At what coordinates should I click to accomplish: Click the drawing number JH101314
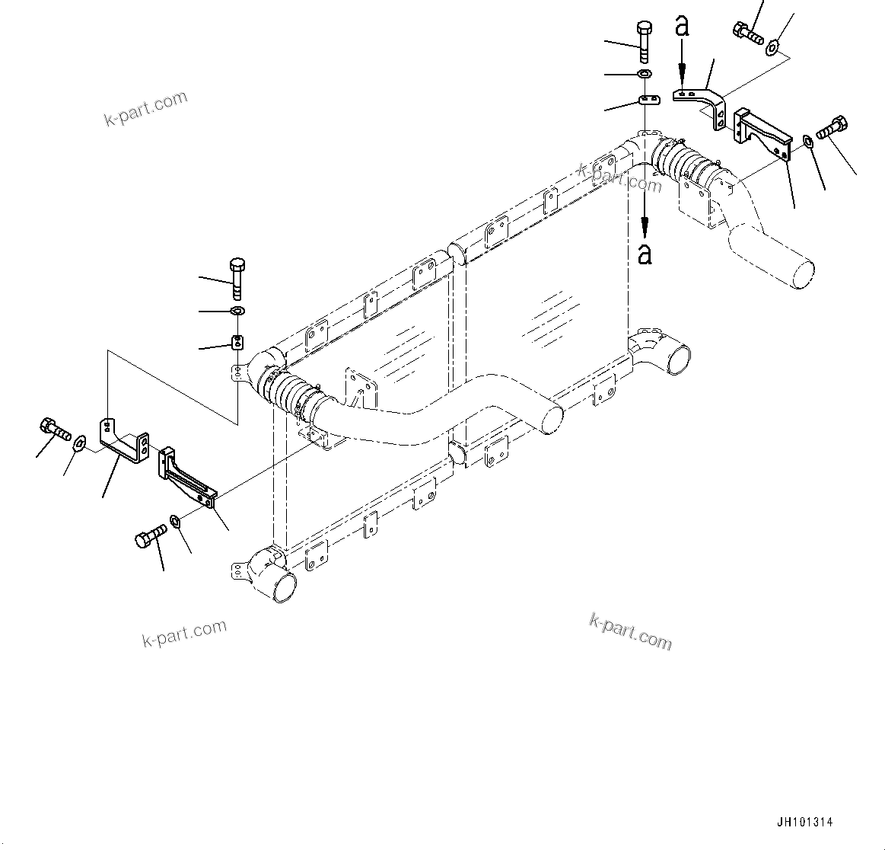point(805,823)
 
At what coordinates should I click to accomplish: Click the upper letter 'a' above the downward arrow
point(683,26)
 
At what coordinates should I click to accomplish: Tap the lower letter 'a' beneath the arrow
point(645,253)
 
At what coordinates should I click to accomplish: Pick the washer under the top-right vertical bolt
point(644,73)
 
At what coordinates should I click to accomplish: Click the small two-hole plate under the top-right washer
point(648,100)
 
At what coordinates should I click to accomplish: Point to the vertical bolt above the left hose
point(237,277)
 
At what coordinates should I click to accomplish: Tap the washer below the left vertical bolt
point(237,311)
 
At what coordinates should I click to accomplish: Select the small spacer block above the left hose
point(237,340)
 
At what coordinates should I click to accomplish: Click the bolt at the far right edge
point(832,128)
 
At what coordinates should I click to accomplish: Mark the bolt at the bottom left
point(150,535)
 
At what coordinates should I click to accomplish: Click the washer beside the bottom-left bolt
point(175,521)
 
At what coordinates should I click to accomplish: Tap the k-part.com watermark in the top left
point(145,108)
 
